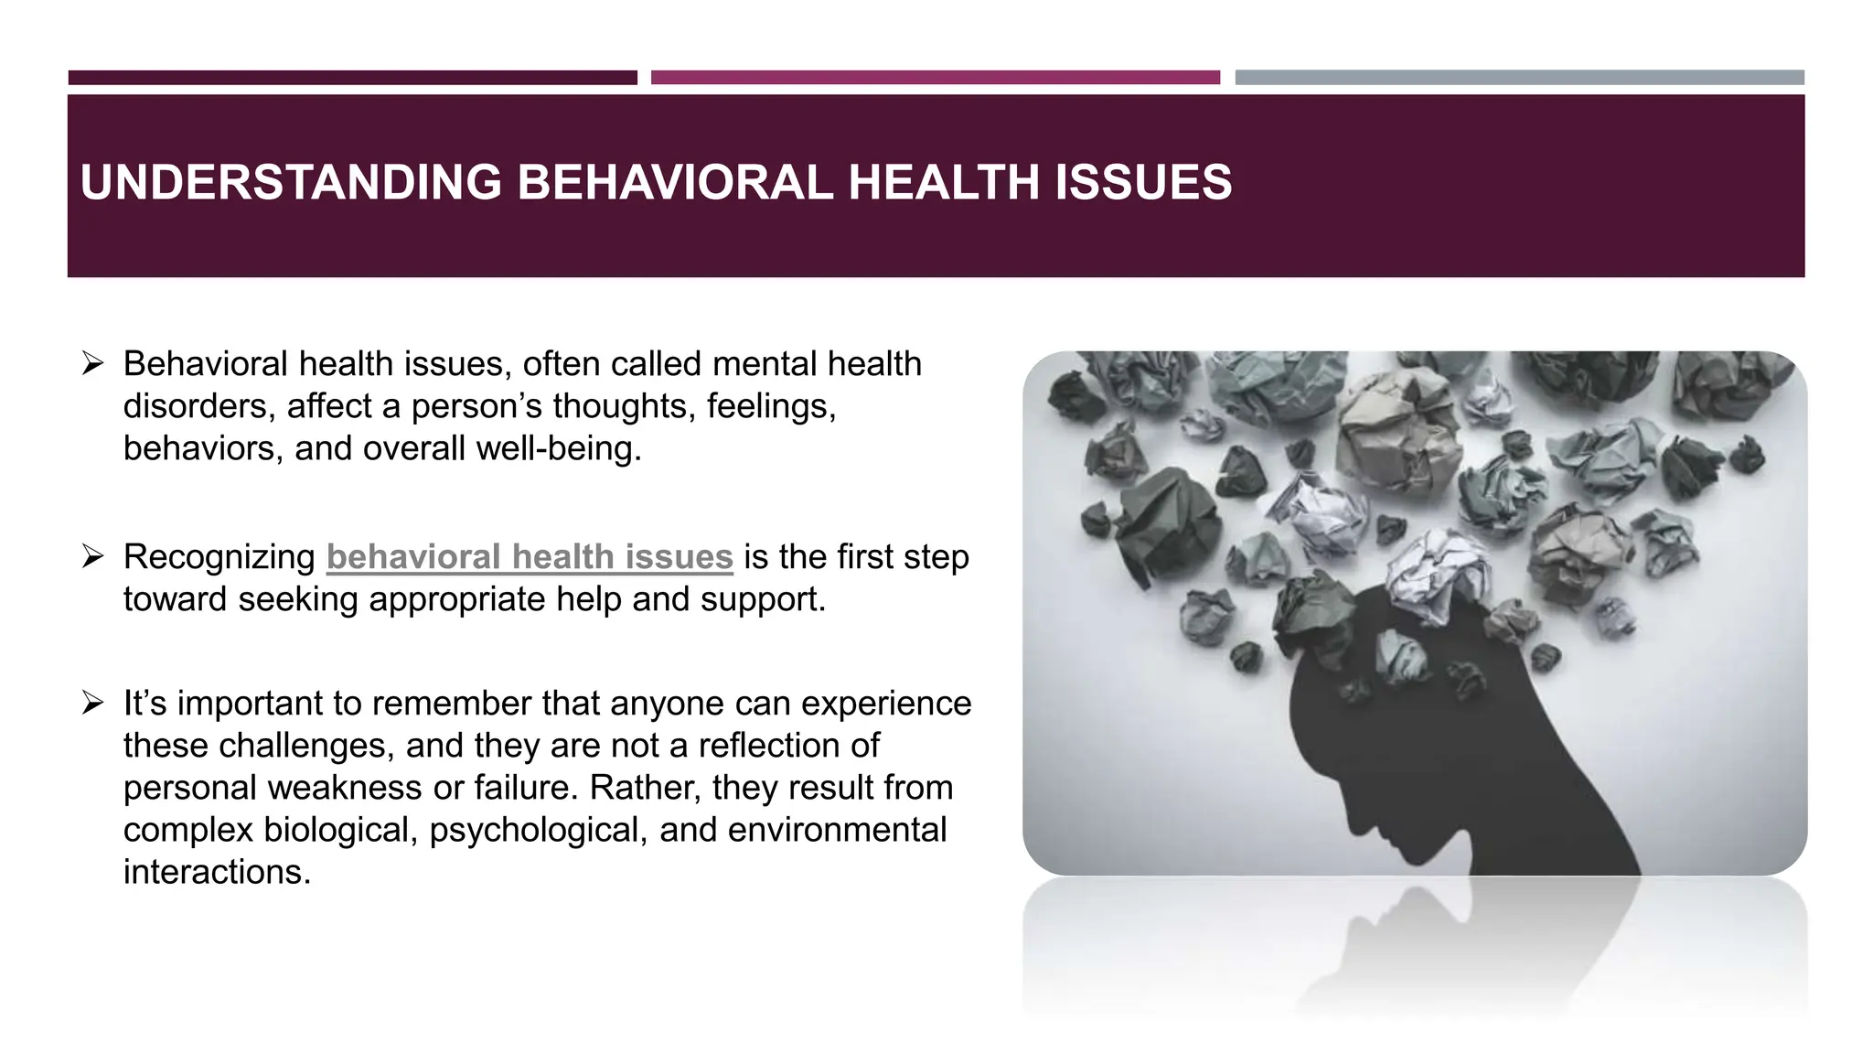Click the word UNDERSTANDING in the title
[x=291, y=182]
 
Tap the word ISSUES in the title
[x=1143, y=182]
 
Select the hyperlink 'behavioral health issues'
[x=530, y=557]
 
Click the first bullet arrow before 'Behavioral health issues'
[x=92, y=364]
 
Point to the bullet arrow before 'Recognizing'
[x=92, y=556]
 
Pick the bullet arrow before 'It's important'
[x=92, y=704]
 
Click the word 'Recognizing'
[x=219, y=557]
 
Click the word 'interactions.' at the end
[x=218, y=872]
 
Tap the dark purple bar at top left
[x=352, y=78]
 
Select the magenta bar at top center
[x=935, y=78]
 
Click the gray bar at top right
[x=1519, y=78]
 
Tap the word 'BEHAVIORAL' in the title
[x=675, y=182]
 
